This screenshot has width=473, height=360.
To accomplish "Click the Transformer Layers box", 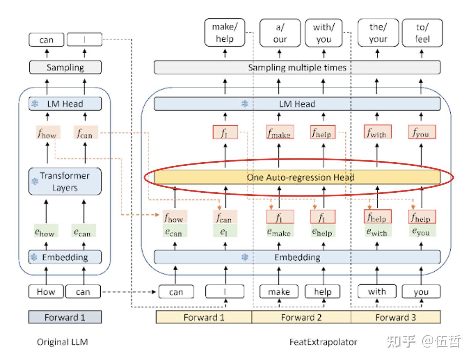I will coord(65,182).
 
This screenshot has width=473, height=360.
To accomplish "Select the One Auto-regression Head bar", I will coord(297,177).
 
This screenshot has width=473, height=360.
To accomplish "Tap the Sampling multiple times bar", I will coord(297,68).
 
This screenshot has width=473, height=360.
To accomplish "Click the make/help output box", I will coord(225,33).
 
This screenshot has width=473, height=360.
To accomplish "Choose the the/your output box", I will coord(378,33).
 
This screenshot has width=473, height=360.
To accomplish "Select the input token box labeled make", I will coord(279,292).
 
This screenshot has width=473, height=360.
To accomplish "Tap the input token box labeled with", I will coord(377,292).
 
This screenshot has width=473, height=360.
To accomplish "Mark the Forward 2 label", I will coord(301,318).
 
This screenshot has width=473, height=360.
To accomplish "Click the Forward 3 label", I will coord(395,318).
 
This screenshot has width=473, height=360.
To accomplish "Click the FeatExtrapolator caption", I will coord(323,342).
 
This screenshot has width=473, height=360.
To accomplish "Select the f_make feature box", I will coord(280,133).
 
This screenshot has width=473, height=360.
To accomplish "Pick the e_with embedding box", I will coord(377,231).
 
